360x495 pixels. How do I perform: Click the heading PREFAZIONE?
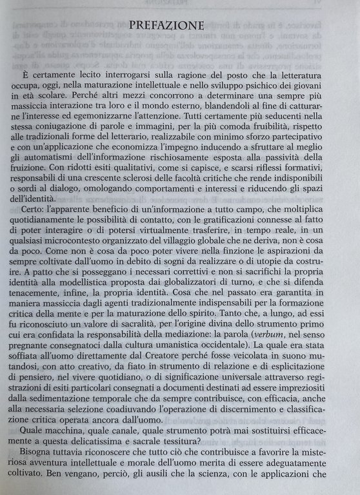tap(167, 26)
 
